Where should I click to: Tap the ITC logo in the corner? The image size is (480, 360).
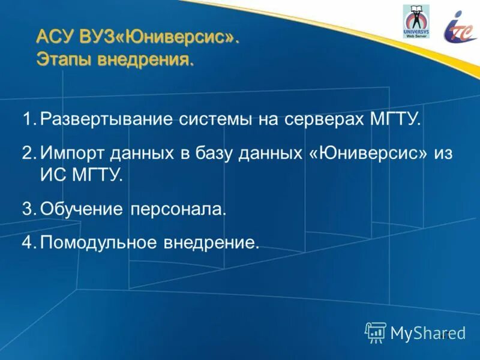pyautogui.click(x=460, y=26)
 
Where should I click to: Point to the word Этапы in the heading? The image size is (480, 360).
pyautogui.click(x=60, y=60)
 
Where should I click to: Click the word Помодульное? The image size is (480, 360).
pyautogui.click(x=99, y=243)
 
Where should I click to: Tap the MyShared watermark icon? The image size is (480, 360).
pyautogui.click(x=375, y=331)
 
